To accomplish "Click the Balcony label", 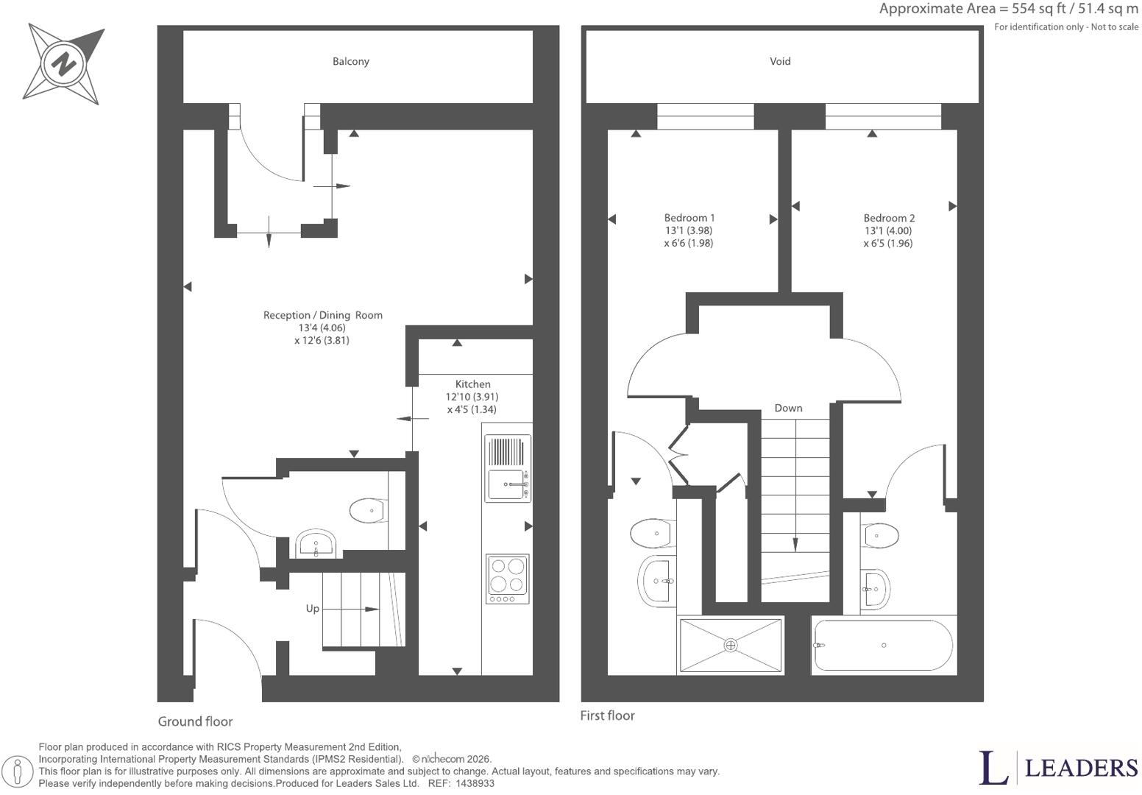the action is click(351, 61).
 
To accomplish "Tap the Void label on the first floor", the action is click(780, 61).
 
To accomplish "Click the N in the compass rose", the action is click(64, 65).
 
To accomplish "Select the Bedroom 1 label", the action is click(689, 218).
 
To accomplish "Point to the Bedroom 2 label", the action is click(889, 218).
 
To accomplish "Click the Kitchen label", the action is click(472, 384).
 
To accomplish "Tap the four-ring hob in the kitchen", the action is click(508, 579).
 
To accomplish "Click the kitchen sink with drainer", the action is click(508, 468).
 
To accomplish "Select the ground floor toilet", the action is click(368, 510).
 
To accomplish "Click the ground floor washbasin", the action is click(316, 543).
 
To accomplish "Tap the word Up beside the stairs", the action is click(313, 608).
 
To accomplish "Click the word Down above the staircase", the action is click(788, 408).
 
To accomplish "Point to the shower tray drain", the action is click(731, 646).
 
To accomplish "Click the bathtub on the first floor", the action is click(884, 646).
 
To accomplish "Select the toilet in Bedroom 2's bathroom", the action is click(880, 535).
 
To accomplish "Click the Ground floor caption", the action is click(195, 721).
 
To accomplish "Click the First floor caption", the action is click(608, 715).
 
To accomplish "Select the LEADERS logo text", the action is click(1082, 768).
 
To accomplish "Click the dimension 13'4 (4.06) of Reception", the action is click(322, 328).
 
